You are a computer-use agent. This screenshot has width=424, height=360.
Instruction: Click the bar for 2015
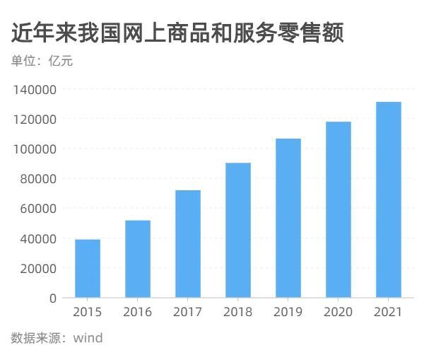pos(88,269)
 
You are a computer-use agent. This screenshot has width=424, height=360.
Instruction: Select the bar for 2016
pos(138,259)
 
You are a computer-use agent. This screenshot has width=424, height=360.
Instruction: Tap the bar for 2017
pos(188,244)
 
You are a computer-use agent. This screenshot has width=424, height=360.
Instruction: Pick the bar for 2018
pos(238,231)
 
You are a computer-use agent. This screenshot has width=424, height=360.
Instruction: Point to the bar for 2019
pos(288,218)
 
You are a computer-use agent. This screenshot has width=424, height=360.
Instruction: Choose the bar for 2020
pos(338,209)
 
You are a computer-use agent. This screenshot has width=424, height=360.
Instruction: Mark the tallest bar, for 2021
pos(389,199)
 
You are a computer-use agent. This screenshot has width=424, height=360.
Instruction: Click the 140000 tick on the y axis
pos(35,90)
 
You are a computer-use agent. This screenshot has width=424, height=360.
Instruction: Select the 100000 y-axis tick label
pos(35,149)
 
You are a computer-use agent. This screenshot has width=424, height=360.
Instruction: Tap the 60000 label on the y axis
pos(37,209)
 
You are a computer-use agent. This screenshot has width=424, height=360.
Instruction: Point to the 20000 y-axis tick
pos(37,268)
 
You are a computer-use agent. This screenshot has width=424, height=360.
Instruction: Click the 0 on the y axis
pos(52,298)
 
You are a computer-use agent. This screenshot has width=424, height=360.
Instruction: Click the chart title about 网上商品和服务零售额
pos(177,33)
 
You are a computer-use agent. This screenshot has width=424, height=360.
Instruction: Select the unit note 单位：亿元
pos(42,61)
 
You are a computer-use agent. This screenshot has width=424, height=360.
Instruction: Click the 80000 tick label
pos(37,179)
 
